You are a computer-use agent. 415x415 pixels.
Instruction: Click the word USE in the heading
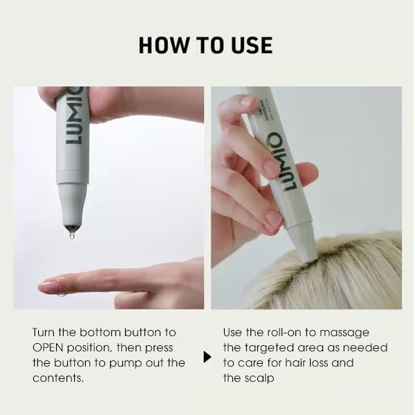click(x=250, y=46)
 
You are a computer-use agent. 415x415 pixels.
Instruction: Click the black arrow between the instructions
click(x=207, y=358)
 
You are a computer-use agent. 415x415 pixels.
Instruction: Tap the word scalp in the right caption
click(x=259, y=378)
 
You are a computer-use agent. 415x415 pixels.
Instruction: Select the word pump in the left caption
click(x=133, y=363)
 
